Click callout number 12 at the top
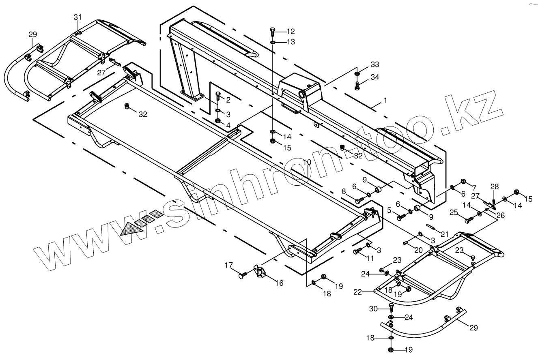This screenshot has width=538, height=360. click(x=291, y=31)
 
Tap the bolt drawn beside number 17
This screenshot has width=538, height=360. click(x=242, y=275)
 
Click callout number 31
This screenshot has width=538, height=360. click(x=77, y=17)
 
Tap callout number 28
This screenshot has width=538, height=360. click(x=494, y=187)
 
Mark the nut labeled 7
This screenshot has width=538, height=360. click(x=463, y=181)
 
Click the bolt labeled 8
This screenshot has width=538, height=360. click(x=359, y=200)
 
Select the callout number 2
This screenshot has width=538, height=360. click(x=228, y=100)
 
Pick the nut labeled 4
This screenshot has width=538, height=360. click(x=217, y=120)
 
